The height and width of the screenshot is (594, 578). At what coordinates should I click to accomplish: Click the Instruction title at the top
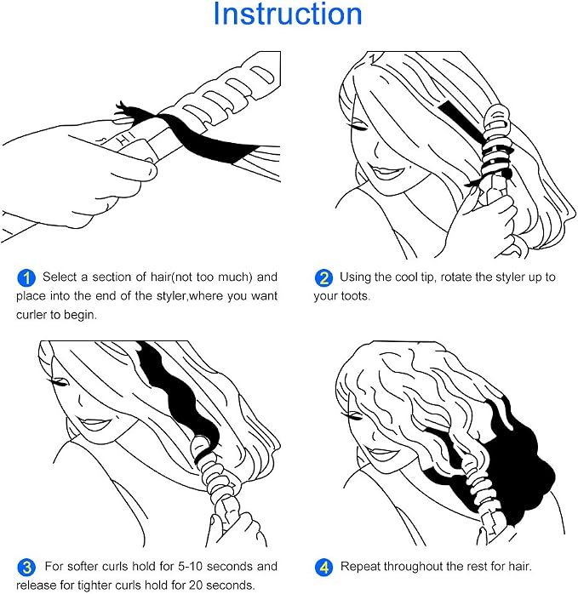coord(288,14)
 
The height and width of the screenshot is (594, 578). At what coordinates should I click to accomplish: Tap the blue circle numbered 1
coord(26,278)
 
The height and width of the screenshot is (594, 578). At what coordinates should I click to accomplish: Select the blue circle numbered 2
coord(323,278)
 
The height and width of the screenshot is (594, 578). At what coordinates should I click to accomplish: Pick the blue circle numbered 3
coord(26,567)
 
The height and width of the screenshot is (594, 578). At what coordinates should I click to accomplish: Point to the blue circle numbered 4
coord(323,567)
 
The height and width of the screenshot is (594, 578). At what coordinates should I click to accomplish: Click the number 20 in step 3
coord(196,585)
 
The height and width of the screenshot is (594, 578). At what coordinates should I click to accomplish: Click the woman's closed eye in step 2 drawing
coord(360,127)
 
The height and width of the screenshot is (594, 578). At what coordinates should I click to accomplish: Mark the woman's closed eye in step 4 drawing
coord(353,417)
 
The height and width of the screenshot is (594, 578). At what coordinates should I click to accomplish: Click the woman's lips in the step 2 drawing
coord(386,173)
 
